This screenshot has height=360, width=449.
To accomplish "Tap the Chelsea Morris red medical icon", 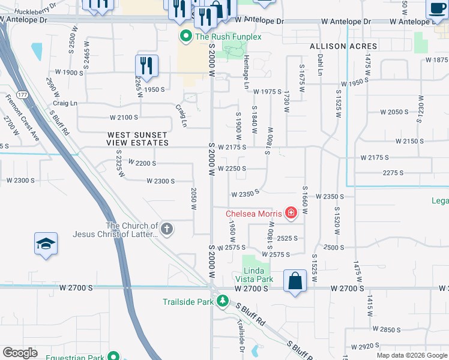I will click(x=291, y=213).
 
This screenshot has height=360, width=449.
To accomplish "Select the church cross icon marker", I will click(x=167, y=229).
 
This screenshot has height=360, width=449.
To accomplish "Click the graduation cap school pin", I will click(x=46, y=244).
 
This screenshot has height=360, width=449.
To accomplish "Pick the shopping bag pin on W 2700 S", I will click(x=295, y=281).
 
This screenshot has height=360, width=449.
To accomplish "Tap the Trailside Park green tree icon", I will click(x=222, y=301).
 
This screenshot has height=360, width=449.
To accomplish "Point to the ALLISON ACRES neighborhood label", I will click(x=343, y=46).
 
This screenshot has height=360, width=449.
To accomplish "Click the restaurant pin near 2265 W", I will click(x=146, y=65).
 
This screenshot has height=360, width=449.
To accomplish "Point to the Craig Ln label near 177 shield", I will click(x=65, y=103).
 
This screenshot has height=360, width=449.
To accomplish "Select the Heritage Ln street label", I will click(x=246, y=73).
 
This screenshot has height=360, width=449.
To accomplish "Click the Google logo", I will click(x=20, y=353).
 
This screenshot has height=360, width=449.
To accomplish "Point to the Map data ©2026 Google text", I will click(x=411, y=355).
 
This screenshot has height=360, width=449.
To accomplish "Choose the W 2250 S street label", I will click(x=232, y=169).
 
